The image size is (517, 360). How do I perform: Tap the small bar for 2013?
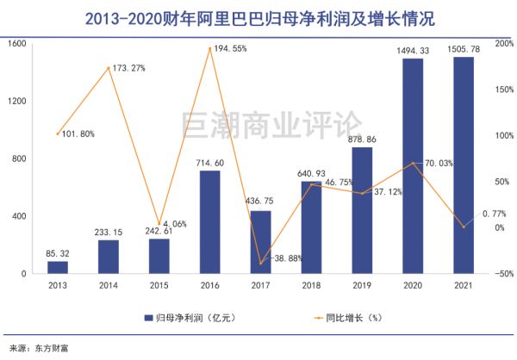[59, 267]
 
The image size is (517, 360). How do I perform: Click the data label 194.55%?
[227, 49]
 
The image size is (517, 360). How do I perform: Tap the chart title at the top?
[258, 16]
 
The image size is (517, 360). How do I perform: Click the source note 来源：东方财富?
[35, 348]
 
